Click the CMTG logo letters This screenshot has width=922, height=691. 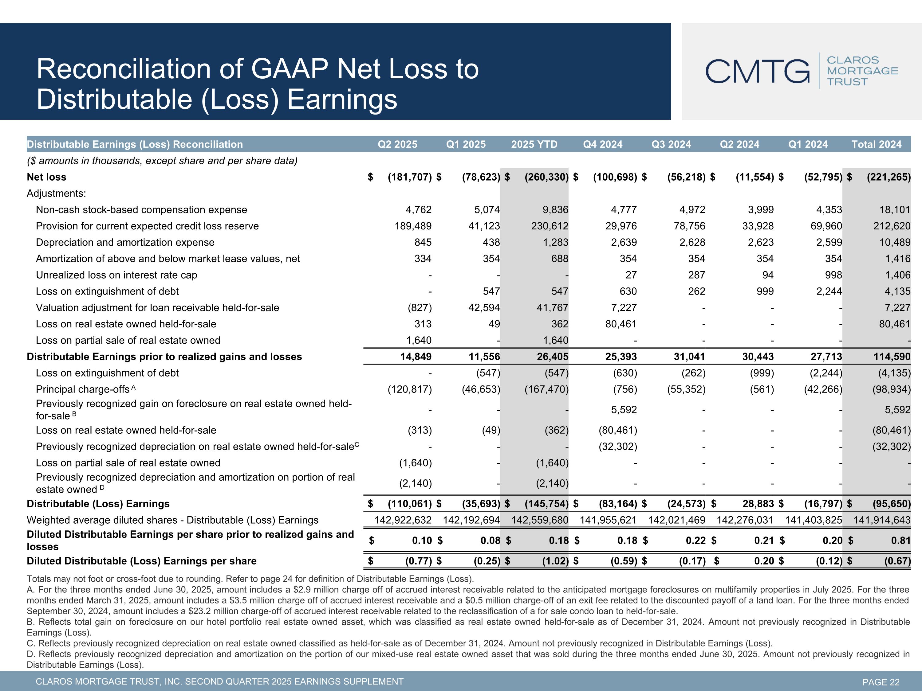(x=757, y=71)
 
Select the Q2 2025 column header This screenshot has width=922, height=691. (x=397, y=145)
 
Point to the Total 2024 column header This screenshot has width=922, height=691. (x=876, y=145)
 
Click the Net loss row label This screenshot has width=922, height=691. (x=47, y=177)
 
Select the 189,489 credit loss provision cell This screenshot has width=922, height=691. (x=413, y=226)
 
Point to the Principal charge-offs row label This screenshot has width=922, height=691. (x=83, y=389)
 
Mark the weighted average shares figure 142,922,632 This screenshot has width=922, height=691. (x=403, y=520)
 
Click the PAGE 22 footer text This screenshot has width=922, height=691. (x=881, y=682)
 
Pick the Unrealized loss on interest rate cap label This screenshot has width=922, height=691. (x=116, y=275)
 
